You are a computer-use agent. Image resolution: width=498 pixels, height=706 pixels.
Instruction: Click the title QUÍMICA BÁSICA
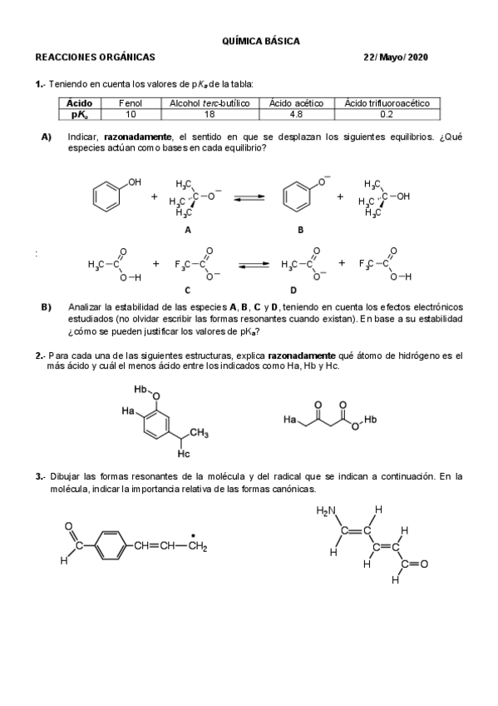[261, 41]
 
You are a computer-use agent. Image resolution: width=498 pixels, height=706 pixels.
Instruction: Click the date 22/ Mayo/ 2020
[397, 57]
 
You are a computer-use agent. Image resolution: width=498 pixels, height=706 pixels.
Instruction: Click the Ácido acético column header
[297, 103]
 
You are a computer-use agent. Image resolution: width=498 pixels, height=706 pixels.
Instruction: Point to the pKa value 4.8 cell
[297, 114]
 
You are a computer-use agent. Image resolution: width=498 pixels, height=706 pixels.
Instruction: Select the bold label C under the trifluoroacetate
[188, 291]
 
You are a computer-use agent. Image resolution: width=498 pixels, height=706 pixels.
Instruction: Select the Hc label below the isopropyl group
[184, 455]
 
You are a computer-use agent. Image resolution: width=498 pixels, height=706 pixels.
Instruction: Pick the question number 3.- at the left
[40, 476]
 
